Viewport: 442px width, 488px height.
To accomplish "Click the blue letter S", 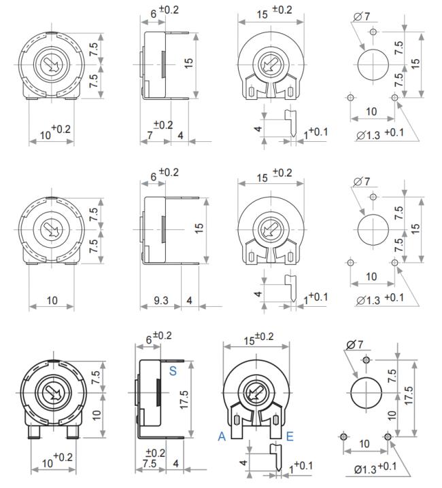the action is pos(173,371).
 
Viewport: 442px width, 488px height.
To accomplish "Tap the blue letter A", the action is pos(222,436).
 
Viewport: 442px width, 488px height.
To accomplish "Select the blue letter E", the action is pos(290,436).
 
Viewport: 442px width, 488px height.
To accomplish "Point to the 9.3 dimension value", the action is pos(161,300).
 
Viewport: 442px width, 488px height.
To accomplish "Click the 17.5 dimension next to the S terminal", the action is pos(184,400).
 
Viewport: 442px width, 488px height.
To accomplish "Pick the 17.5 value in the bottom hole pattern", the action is pos(408,395).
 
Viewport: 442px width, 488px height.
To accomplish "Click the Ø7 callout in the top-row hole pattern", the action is pos(362,16).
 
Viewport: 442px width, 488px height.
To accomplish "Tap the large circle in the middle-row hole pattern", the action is pos(373,230).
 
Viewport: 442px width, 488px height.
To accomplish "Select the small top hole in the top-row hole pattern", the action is pos(373,31).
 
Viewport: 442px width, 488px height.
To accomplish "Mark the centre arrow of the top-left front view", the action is pos(51,64).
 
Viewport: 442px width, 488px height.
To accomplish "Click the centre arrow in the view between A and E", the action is pos(256,394).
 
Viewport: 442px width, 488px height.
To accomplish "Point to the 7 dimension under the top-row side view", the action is pos(150,135).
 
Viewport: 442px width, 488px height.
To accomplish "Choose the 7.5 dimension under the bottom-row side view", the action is pos(150,463).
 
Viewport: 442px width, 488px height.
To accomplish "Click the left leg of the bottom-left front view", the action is pos(34,432).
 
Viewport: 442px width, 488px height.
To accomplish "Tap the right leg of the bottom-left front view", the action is pos(73,432).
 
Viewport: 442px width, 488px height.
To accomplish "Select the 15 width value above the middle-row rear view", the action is pos(262,178).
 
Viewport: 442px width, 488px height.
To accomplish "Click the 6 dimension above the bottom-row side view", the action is pos(149,339).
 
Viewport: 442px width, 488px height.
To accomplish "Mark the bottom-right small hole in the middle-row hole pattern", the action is pos(394,263).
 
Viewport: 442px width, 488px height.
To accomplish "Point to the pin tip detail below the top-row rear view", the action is pos(291,123).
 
